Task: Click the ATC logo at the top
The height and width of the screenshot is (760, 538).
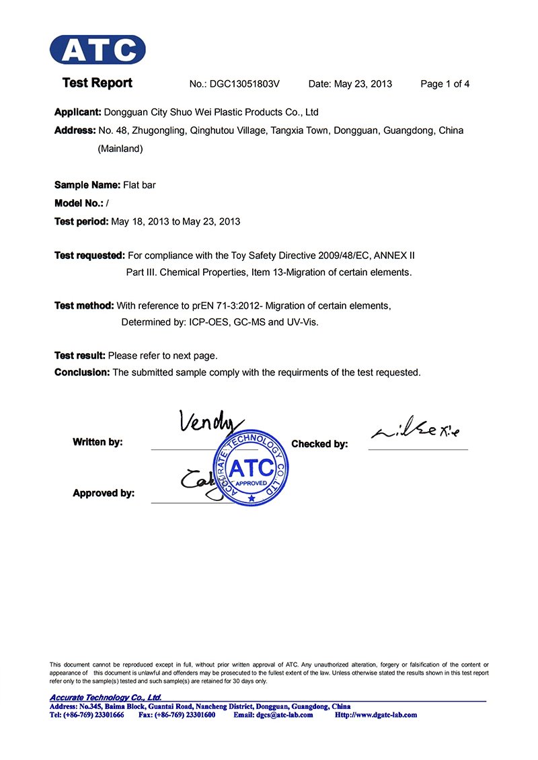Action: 98,50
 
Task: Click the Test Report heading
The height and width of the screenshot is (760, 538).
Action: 98,83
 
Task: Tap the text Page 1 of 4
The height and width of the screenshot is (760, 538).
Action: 445,84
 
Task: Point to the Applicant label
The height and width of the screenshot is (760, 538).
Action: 77,112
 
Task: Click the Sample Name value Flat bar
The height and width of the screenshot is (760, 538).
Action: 139,184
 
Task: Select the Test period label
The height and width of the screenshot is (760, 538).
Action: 81,221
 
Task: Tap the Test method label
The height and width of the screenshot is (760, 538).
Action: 84,305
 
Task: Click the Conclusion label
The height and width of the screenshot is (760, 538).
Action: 81,372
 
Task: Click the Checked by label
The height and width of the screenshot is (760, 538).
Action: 319,444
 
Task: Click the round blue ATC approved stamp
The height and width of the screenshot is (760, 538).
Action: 252,469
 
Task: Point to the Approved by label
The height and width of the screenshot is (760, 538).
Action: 104,493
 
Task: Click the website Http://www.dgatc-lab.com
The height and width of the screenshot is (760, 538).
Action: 376,715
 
